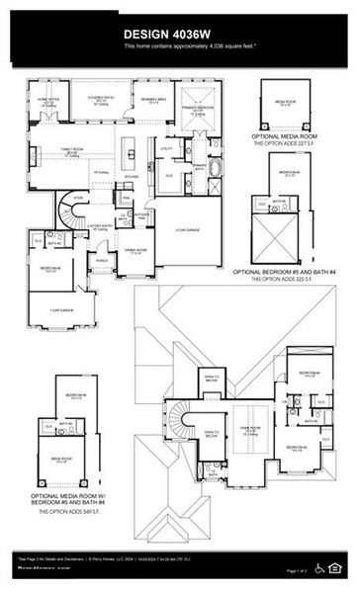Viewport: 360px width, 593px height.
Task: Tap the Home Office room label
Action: [49, 101]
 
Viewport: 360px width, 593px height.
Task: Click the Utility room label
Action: [166, 148]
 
